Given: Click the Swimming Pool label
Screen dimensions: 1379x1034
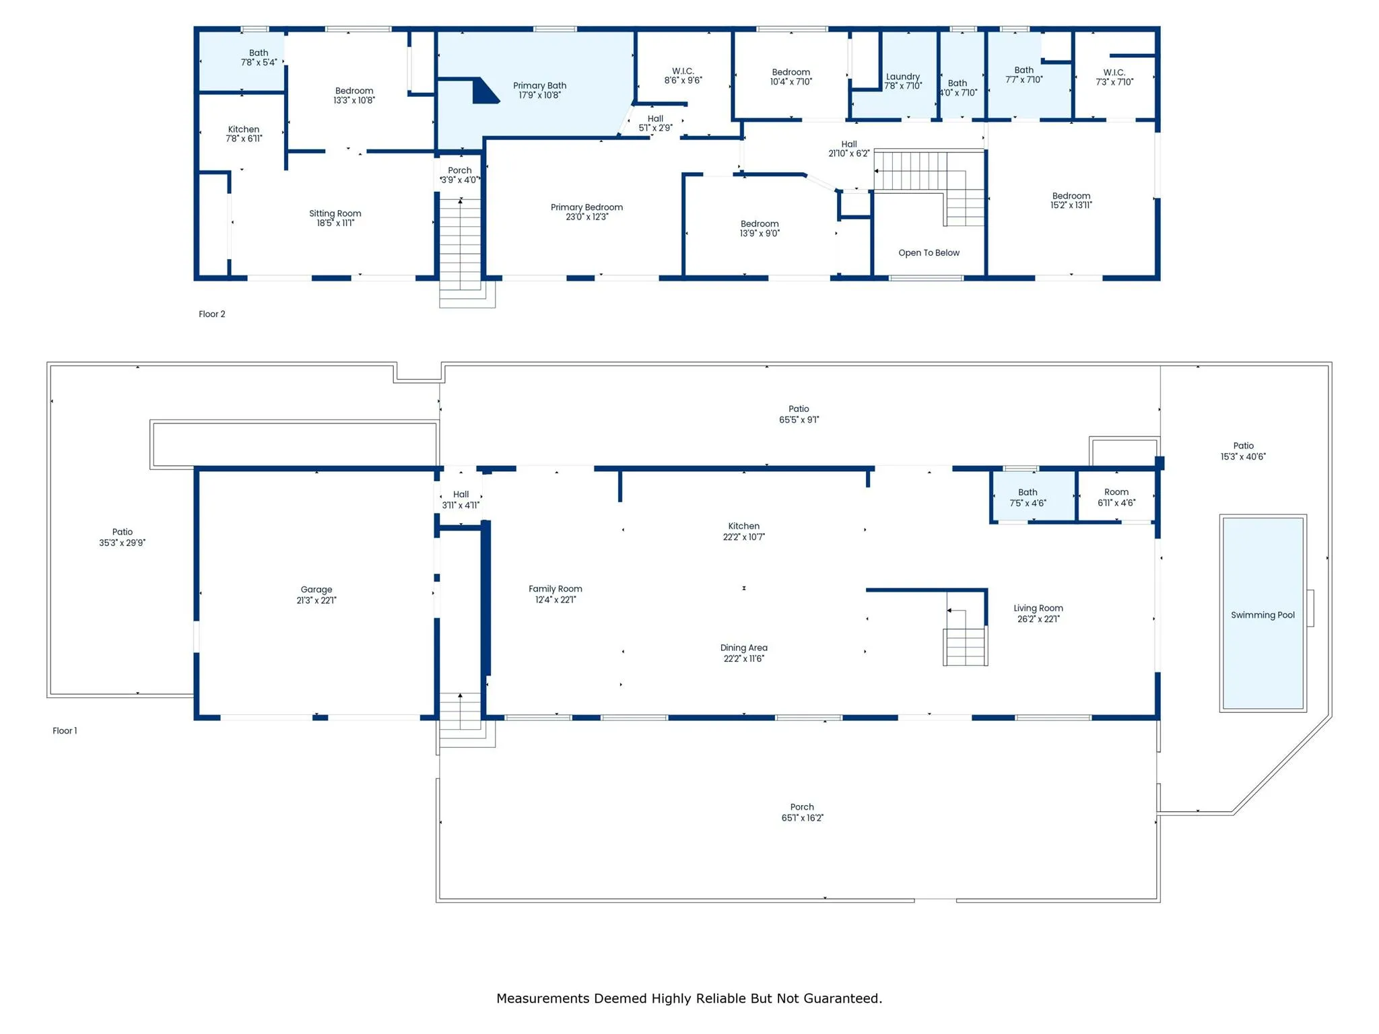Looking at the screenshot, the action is [1263, 615].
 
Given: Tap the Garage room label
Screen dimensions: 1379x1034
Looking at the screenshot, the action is [316, 589].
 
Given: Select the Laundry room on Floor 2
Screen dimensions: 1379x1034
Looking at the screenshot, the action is [894, 75].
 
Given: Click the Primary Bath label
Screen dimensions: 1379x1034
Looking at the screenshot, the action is [539, 85].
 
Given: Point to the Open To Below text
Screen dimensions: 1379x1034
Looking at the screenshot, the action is [929, 252].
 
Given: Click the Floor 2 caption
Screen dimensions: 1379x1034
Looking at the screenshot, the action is [212, 314].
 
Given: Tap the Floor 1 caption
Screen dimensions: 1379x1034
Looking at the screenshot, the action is [65, 730].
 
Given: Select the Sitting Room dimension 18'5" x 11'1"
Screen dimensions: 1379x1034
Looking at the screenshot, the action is [335, 223].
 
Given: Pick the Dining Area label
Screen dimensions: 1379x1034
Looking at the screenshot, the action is [744, 648].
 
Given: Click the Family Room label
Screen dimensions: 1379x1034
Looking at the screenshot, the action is [556, 588].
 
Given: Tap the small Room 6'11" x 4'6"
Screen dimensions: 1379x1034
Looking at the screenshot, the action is [1116, 497].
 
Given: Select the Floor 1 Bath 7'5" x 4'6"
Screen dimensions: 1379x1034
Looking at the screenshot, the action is [1033, 497].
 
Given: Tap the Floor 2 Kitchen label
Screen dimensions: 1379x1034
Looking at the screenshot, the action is [244, 129].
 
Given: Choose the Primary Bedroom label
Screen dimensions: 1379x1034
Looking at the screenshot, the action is [586, 207].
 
